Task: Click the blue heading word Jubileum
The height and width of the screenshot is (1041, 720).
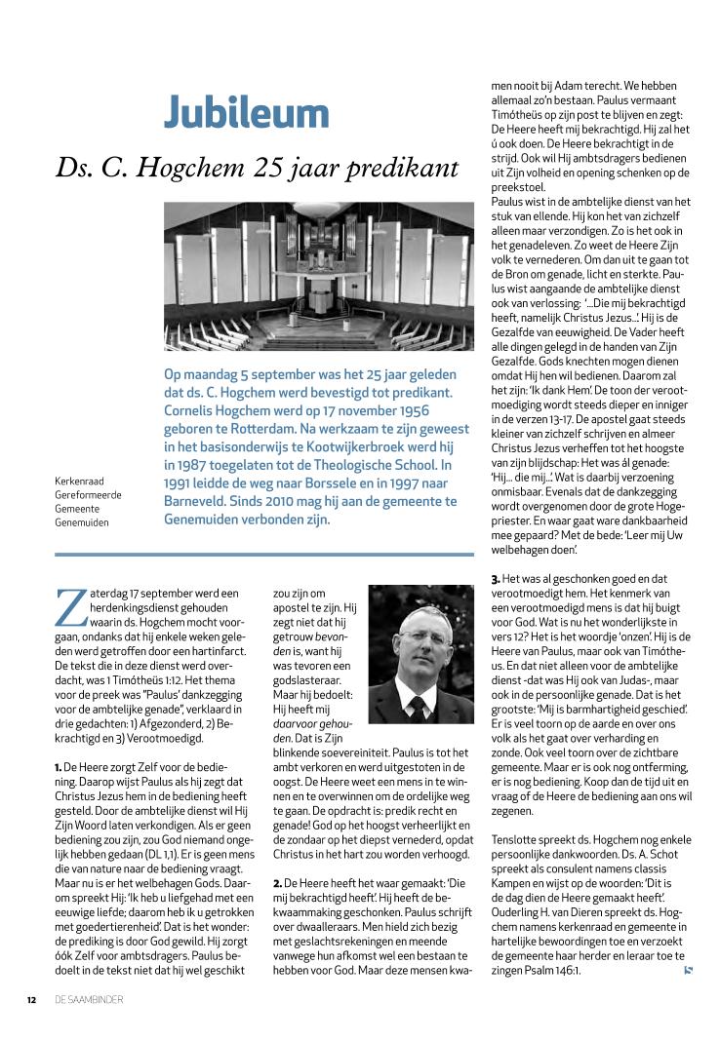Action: tap(246, 112)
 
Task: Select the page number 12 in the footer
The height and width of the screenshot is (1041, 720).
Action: tap(31, 999)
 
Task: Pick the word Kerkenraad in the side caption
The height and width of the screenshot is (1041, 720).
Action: tap(79, 481)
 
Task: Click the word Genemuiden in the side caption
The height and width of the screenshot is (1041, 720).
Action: tap(82, 522)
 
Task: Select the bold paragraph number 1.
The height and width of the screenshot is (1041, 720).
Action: tap(59, 768)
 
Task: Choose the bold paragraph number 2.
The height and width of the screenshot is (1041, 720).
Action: tap(277, 882)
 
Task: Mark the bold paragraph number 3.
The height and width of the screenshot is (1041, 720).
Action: tap(495, 580)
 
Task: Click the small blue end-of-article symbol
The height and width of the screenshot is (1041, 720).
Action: tap(689, 970)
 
